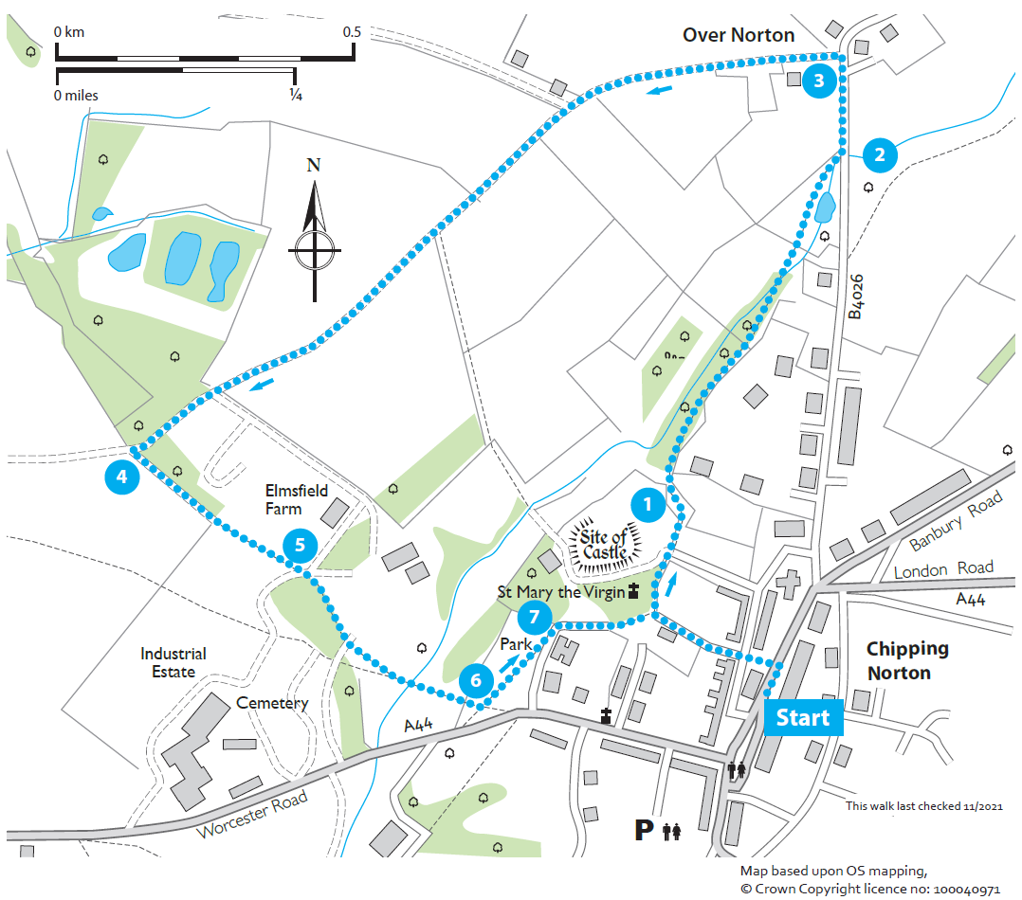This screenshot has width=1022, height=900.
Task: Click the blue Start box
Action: point(802,718)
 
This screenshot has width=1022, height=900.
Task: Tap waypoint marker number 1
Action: point(648,506)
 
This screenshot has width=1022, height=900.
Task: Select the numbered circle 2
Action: point(880,155)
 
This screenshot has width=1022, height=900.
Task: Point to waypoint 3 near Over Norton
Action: point(819,81)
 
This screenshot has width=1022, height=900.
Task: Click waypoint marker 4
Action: point(121,477)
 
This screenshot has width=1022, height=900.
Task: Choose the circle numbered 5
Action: point(300,545)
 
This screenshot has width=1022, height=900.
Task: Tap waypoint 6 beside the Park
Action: point(476,679)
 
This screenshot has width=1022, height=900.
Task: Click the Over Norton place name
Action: point(739,35)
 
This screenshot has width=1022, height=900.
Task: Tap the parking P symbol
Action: point(645,831)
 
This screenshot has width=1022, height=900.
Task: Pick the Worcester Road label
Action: point(253,814)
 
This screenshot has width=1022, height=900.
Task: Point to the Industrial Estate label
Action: point(173,662)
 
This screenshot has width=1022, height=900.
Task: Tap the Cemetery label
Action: point(272,703)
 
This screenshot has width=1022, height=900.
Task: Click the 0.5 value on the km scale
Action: point(352,32)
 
